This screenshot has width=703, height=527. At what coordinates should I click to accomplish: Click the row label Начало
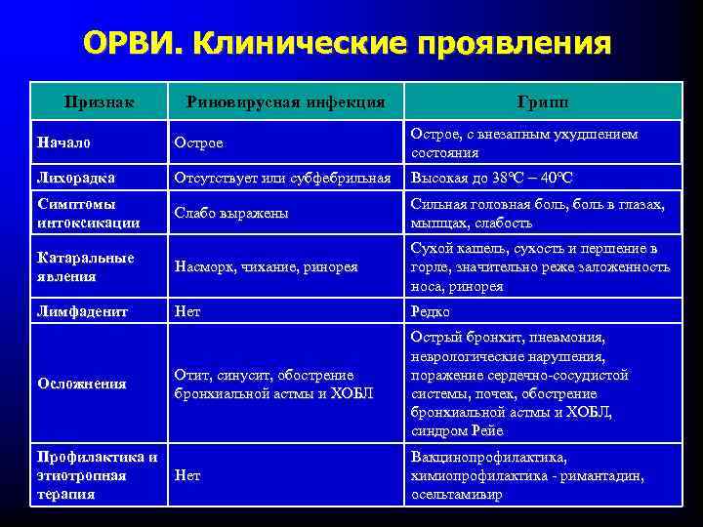tap(63, 143)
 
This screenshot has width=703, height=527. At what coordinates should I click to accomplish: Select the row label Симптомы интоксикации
tap(87, 213)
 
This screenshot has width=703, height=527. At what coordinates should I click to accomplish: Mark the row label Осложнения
tap(81, 384)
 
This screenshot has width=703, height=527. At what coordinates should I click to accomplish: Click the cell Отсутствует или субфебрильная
tap(282, 178)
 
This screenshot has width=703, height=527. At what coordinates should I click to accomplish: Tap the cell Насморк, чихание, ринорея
tap(266, 266)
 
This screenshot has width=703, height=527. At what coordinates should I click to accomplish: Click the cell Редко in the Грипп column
tap(431, 311)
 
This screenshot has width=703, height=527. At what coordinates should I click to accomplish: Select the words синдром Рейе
tap(458, 430)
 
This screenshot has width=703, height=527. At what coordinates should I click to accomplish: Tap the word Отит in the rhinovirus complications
tap(192, 375)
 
